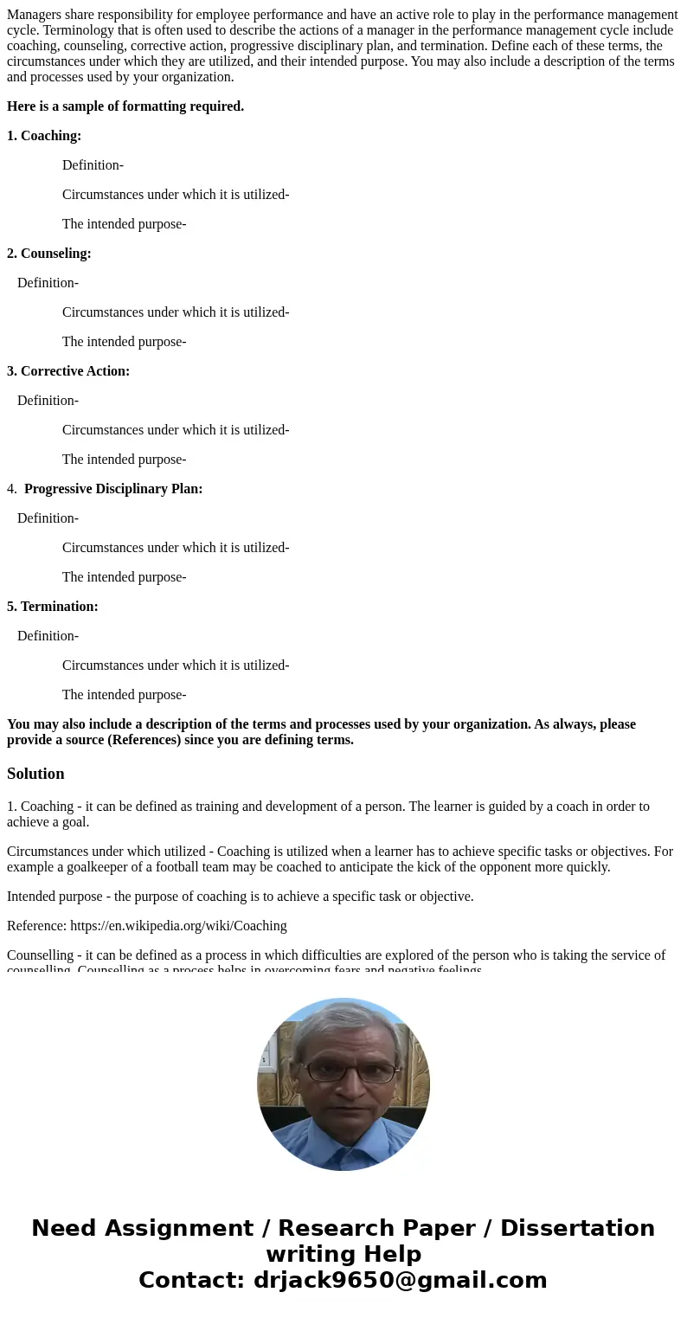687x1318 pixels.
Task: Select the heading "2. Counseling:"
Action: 49,254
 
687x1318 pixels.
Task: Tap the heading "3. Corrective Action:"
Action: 68,371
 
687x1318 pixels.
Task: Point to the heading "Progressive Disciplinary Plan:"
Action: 113,489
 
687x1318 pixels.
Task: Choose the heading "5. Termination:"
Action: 53,607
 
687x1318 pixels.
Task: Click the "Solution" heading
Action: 35,774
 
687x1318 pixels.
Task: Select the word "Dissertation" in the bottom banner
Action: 577,1228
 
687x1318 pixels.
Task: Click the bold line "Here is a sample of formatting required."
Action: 125,106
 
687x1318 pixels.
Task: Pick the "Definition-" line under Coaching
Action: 93,165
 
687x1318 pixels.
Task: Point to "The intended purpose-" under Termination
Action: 124,695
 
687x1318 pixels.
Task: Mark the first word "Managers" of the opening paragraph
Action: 34,15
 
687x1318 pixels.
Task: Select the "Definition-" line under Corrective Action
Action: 48,401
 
